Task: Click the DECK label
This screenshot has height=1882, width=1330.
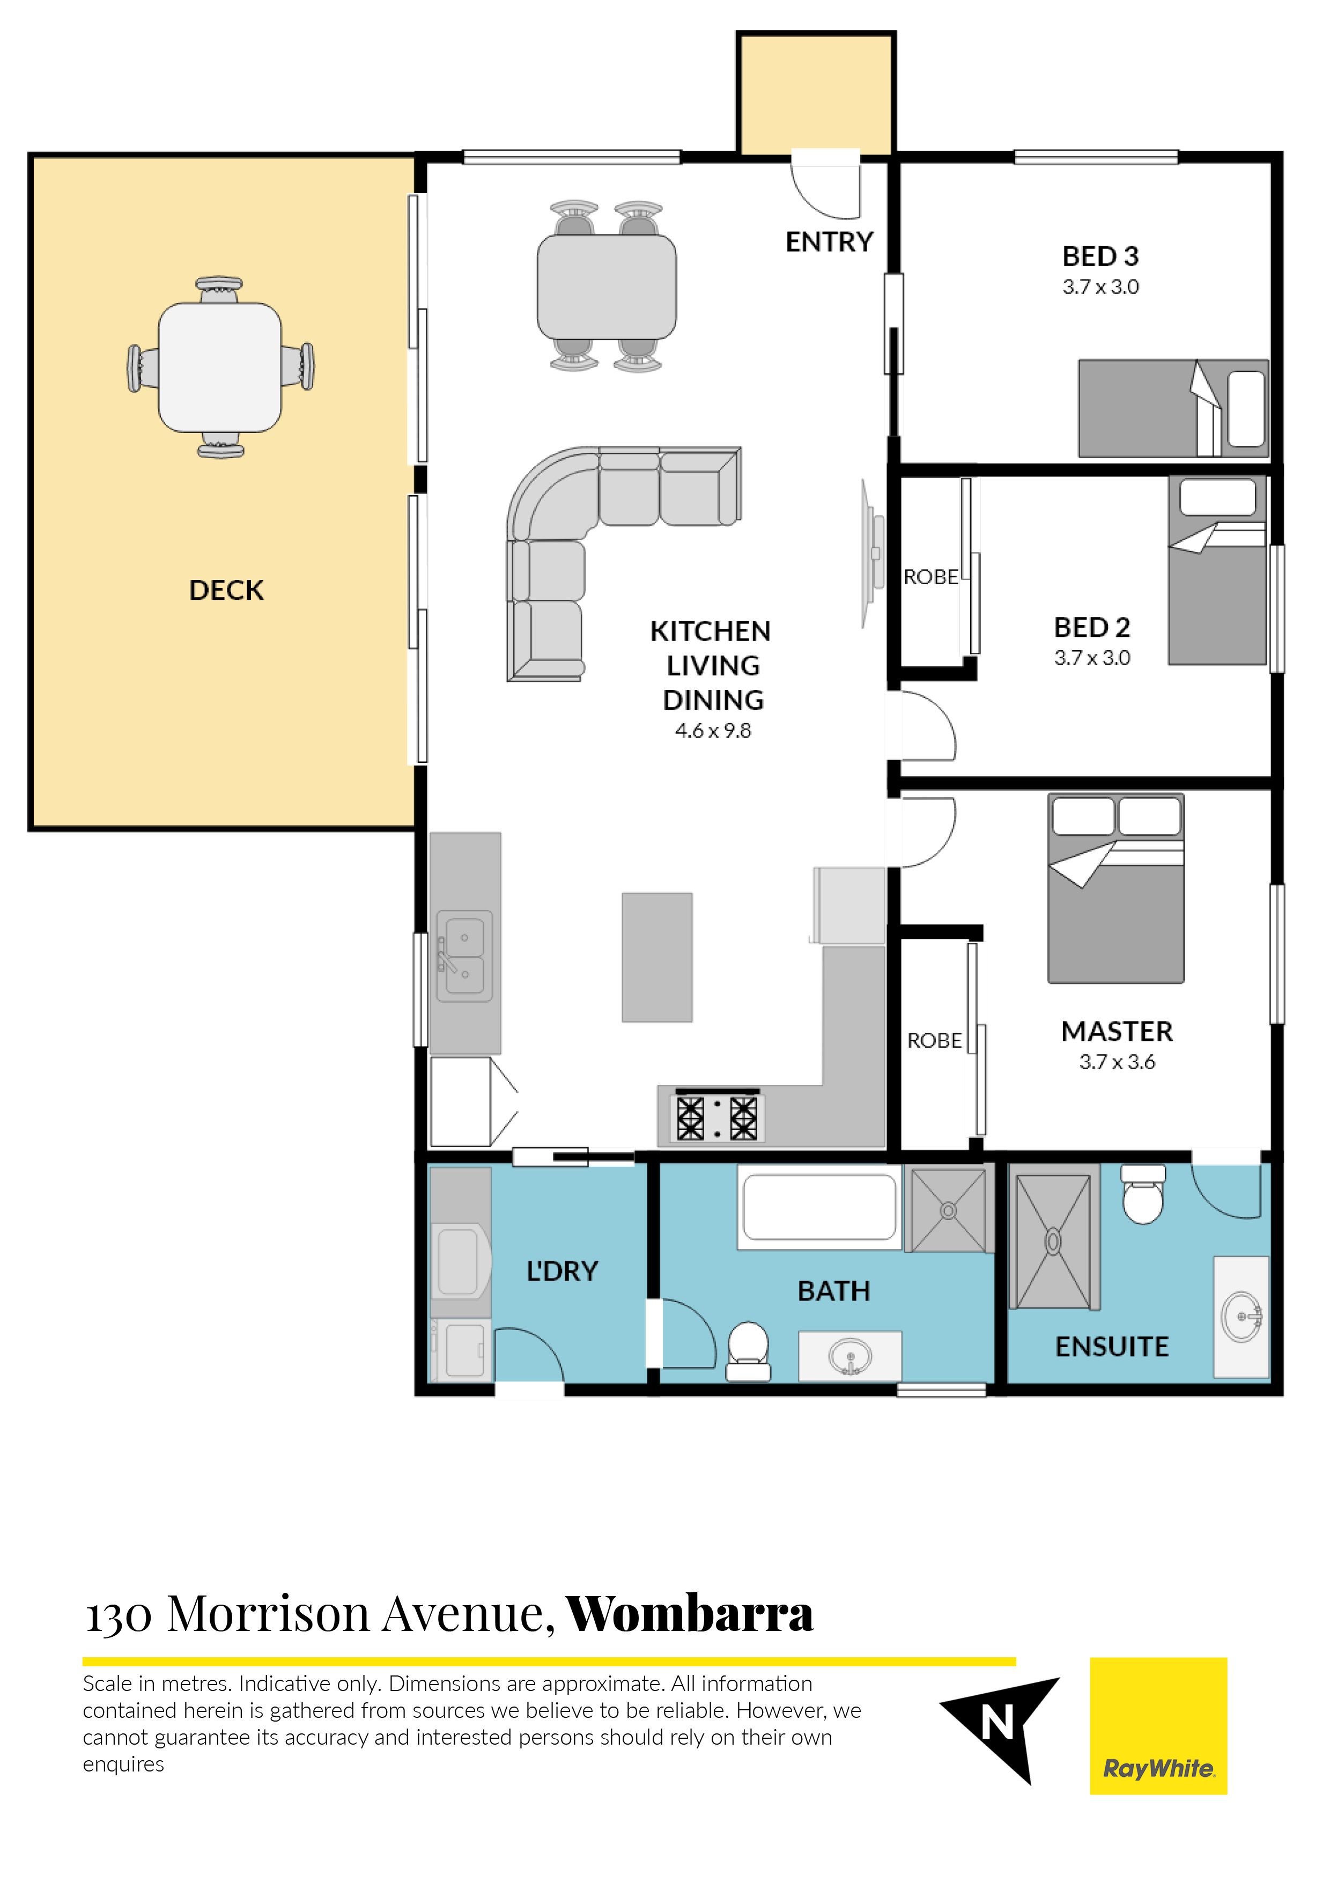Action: click(226, 590)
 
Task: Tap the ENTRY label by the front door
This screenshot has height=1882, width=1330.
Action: click(829, 242)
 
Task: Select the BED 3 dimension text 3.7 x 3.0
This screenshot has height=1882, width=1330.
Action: click(1100, 287)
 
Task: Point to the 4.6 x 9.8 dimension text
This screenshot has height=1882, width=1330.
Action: click(713, 730)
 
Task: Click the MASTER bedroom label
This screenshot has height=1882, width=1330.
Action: click(1117, 1031)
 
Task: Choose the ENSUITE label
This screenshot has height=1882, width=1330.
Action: click(1112, 1347)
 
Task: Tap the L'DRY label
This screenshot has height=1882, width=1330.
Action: click(562, 1271)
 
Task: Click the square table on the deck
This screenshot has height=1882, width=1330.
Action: click(220, 367)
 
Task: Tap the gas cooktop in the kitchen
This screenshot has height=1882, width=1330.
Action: click(717, 1116)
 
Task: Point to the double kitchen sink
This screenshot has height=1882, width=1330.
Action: click(464, 956)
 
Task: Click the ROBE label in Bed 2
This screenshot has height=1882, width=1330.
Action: click(931, 577)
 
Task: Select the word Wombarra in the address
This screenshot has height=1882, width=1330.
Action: click(690, 1613)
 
